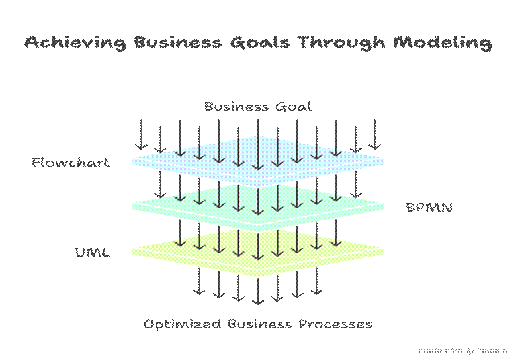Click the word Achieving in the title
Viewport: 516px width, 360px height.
click(76, 43)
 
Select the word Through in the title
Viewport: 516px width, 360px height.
click(341, 43)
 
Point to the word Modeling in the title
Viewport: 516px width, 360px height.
click(441, 43)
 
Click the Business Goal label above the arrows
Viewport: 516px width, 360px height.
click(257, 106)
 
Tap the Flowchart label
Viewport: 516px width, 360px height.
click(71, 162)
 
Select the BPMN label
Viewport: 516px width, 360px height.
click(429, 207)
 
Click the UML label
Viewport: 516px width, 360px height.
click(93, 253)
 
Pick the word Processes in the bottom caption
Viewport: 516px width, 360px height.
click(335, 324)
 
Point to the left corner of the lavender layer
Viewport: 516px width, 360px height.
click(132, 161)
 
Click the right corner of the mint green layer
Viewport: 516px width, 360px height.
click(384, 206)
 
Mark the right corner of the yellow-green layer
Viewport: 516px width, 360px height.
click(384, 251)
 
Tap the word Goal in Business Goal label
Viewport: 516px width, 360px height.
click(295, 106)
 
